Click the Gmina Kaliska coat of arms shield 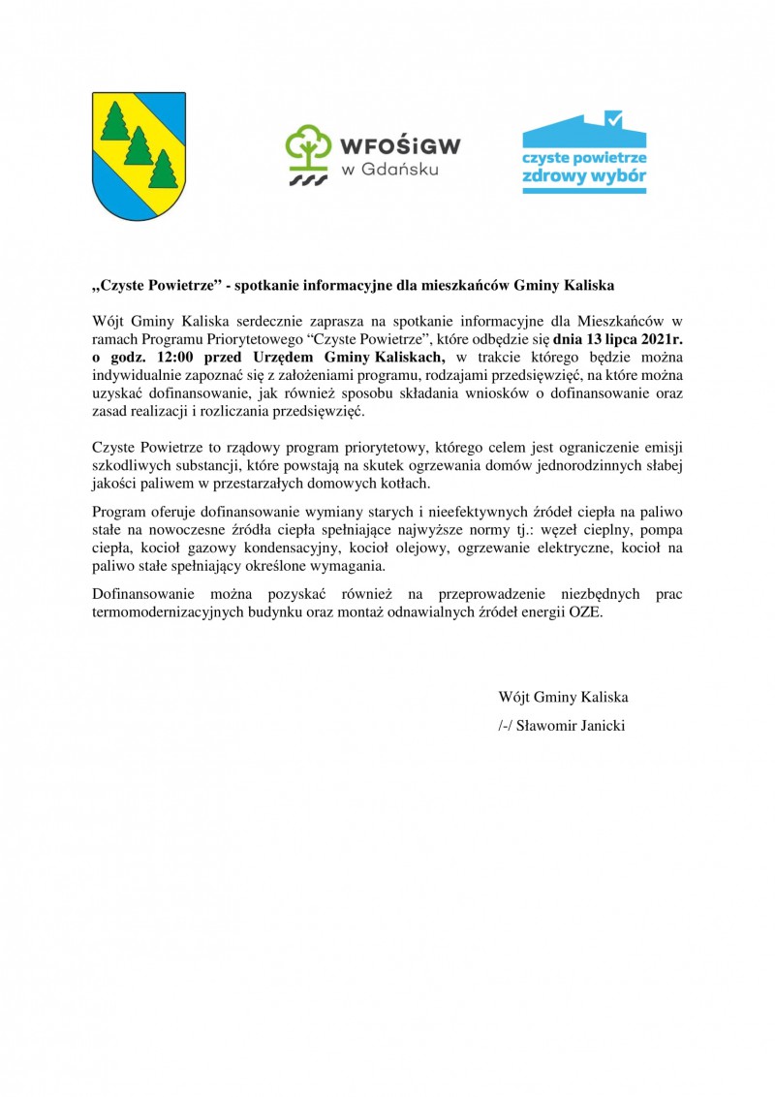(139, 155)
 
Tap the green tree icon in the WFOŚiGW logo (308, 146)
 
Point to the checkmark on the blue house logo (612, 119)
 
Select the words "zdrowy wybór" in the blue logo (584, 179)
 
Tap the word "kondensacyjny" (293, 549)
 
